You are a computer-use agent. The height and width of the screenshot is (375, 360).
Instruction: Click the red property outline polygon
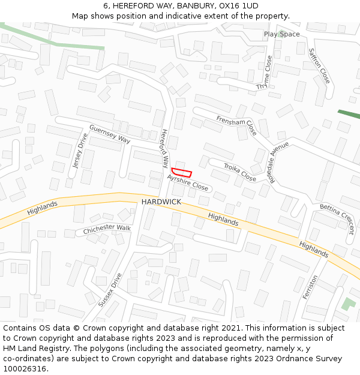pyautogui.click(x=181, y=172)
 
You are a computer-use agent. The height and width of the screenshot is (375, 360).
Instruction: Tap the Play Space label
pyautogui.click(x=281, y=34)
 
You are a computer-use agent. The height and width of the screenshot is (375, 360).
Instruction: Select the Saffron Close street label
pyautogui.click(x=319, y=65)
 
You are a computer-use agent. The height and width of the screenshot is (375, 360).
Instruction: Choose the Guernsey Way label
pyautogui.click(x=109, y=134)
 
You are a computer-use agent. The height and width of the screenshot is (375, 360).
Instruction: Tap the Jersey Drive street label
pyautogui.click(x=79, y=151)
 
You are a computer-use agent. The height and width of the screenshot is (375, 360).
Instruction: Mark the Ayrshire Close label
pyautogui.click(x=188, y=183)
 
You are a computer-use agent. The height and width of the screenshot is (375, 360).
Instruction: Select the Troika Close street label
pyautogui.click(x=239, y=173)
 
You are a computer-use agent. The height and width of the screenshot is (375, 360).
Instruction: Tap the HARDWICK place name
pyautogui.click(x=161, y=202)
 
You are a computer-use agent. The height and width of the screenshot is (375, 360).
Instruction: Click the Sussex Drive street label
pyautogui.click(x=110, y=290)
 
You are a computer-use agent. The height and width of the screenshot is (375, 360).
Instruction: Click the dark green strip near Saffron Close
pyautogui.click(x=348, y=114)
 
